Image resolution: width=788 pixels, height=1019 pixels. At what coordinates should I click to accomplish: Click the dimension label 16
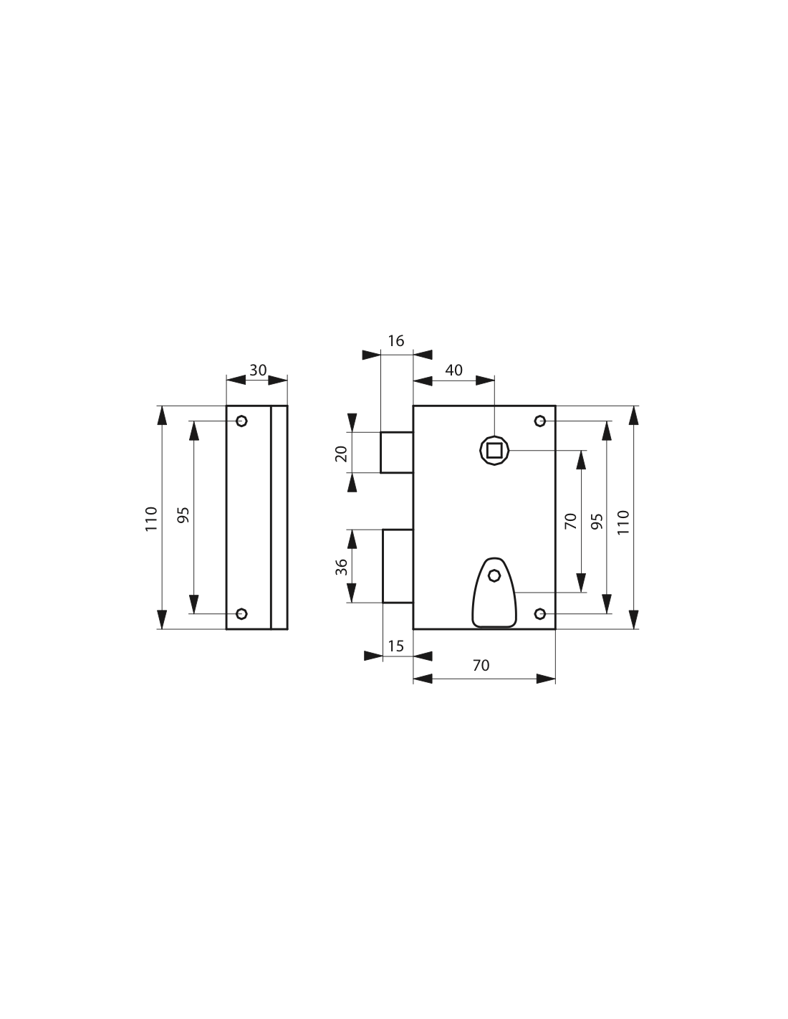coord(395,341)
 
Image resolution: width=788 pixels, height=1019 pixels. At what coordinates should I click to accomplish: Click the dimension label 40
coord(453,370)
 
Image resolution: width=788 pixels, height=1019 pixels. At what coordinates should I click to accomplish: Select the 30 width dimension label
coord(258,370)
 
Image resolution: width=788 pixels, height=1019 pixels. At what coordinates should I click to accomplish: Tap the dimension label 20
coord(341,454)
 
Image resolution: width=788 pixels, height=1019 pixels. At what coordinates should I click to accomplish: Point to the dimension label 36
coord(342,567)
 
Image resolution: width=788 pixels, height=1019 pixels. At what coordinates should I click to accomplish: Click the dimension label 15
coord(395,646)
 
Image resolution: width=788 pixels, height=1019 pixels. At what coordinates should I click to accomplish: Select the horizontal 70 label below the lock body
coord(481,666)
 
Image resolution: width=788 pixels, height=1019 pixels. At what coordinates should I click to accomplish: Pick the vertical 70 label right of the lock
coord(570,521)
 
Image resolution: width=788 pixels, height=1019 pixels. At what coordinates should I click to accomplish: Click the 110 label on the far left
coord(151,519)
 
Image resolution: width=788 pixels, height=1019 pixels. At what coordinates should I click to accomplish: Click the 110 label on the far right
coord(623,522)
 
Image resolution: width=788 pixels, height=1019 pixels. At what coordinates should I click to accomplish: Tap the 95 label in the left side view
coord(183,515)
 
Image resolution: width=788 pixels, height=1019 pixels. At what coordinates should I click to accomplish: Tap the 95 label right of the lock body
coord(597,522)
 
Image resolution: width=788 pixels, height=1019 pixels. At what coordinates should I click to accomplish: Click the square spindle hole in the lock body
coord(494,450)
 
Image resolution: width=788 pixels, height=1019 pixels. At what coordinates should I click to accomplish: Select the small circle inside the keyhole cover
coord(494,575)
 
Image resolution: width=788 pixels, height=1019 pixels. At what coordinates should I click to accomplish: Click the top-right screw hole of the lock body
coord(540,421)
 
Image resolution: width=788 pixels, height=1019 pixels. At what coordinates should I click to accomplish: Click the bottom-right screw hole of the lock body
coord(540,613)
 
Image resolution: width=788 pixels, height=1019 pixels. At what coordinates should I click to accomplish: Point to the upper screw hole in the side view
coord(241,421)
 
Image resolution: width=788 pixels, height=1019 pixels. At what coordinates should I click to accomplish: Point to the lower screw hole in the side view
coord(241,613)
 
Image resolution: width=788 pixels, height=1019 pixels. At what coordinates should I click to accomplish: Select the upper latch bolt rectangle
coord(397,452)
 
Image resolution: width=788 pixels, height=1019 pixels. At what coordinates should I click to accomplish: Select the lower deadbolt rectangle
coord(398,566)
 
